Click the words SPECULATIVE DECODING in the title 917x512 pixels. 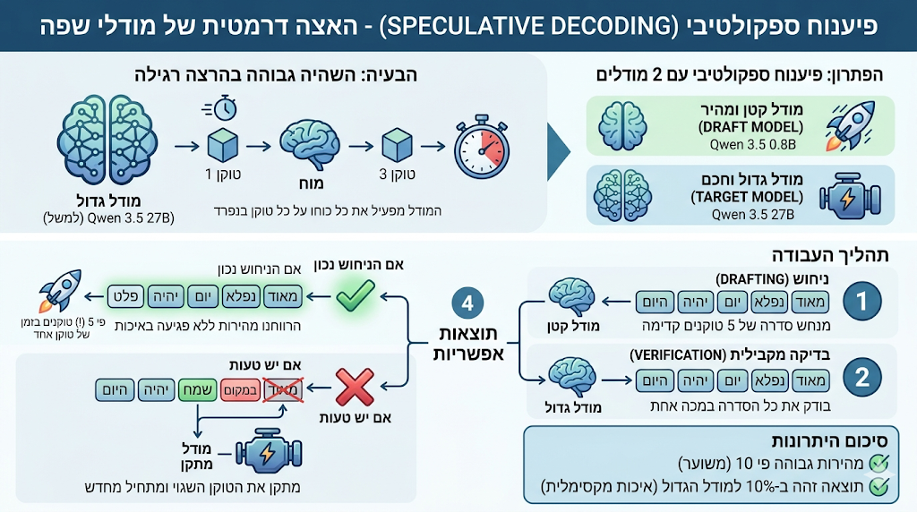click(524, 26)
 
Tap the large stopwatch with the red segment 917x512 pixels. click(482, 147)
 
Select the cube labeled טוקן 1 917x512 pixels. click(223, 144)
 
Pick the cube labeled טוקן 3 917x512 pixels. click(397, 144)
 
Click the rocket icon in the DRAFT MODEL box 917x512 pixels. click(851, 125)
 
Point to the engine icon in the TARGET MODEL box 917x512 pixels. click(850, 196)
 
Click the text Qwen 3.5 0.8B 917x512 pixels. click(752, 144)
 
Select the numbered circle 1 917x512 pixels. click(861, 301)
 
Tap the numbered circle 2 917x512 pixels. click(861, 377)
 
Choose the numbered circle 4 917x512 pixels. click(467, 303)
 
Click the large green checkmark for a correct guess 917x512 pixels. click(356, 295)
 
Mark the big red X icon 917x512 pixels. click(355, 387)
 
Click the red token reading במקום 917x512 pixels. click(239, 390)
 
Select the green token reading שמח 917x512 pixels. click(198, 390)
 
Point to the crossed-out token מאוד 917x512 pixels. click(283, 390)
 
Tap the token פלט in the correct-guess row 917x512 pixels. click(126, 296)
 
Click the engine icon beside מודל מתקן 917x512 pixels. click(269, 450)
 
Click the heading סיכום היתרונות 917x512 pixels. click(829, 440)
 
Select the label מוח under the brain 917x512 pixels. click(311, 183)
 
